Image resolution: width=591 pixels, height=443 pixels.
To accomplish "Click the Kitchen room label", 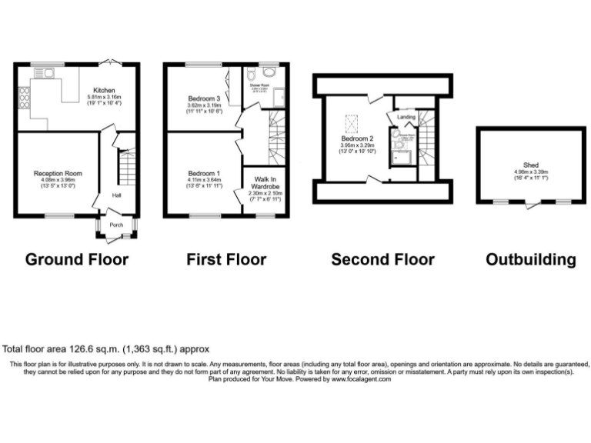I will coord(104,89).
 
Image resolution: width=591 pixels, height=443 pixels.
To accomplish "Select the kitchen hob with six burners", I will coord(23,99).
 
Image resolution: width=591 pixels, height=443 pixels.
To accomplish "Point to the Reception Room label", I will coord(53,175).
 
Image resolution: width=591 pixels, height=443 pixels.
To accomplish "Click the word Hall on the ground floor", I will coord(116,195).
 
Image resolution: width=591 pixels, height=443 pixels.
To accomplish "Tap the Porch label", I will coord(116,225).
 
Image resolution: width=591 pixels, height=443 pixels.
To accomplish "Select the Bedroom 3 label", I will coord(205,98).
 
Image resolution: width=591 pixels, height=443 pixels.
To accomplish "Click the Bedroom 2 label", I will coord(356,138).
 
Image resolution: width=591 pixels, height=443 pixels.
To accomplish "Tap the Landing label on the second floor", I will coord(406,117).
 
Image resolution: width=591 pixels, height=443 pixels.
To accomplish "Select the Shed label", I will coord(531,164).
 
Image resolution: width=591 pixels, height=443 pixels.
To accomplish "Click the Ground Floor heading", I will coord(77,259).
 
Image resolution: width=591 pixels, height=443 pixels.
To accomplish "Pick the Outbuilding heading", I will coord(530,259).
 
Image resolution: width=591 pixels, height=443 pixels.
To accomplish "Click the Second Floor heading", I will coord(382,259).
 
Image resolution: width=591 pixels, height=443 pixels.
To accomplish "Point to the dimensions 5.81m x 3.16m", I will coord(104,97).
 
